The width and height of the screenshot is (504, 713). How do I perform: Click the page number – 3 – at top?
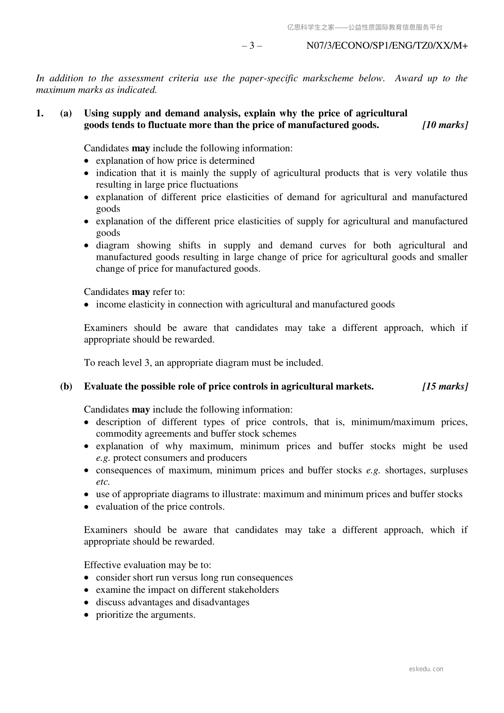(252, 46)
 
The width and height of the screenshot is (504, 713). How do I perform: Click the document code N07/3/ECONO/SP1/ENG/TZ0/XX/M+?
(387, 46)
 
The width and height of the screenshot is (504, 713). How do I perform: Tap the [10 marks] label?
(445, 125)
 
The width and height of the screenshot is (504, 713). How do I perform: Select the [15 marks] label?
(445, 386)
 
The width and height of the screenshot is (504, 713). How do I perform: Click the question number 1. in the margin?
(40, 113)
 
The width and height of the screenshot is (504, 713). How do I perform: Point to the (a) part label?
(66, 113)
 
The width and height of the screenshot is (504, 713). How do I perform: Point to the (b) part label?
(66, 386)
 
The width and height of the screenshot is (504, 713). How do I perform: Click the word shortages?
(405, 471)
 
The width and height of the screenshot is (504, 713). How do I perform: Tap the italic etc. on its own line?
(103, 482)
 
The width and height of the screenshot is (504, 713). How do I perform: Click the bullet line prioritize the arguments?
(146, 615)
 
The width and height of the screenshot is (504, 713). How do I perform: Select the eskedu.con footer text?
(426, 669)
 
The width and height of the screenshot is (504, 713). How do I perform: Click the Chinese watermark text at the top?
(365, 28)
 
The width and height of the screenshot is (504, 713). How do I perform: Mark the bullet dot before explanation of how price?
(87, 161)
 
